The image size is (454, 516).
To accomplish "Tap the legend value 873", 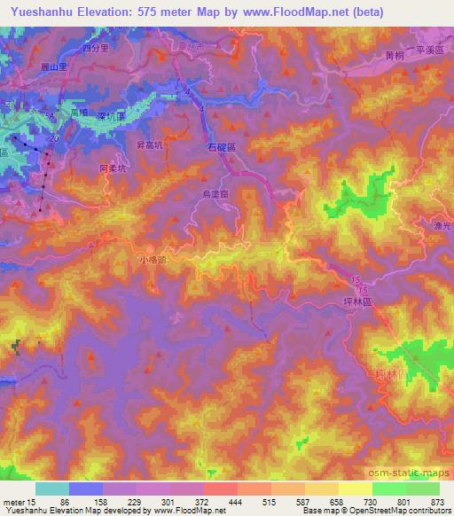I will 437,501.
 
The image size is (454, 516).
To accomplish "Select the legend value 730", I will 373,501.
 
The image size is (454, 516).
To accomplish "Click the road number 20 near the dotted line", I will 54,140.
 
